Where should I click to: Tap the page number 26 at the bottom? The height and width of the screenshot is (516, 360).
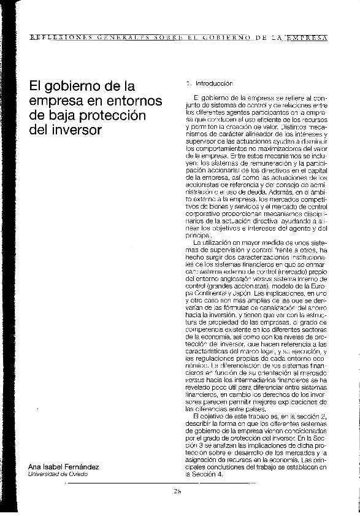coord(177,492)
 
